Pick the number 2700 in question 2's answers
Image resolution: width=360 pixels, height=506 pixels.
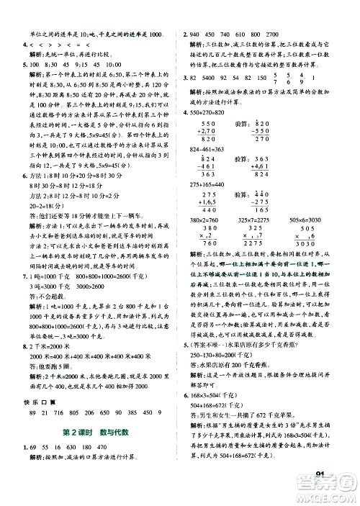[x=276, y=35]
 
